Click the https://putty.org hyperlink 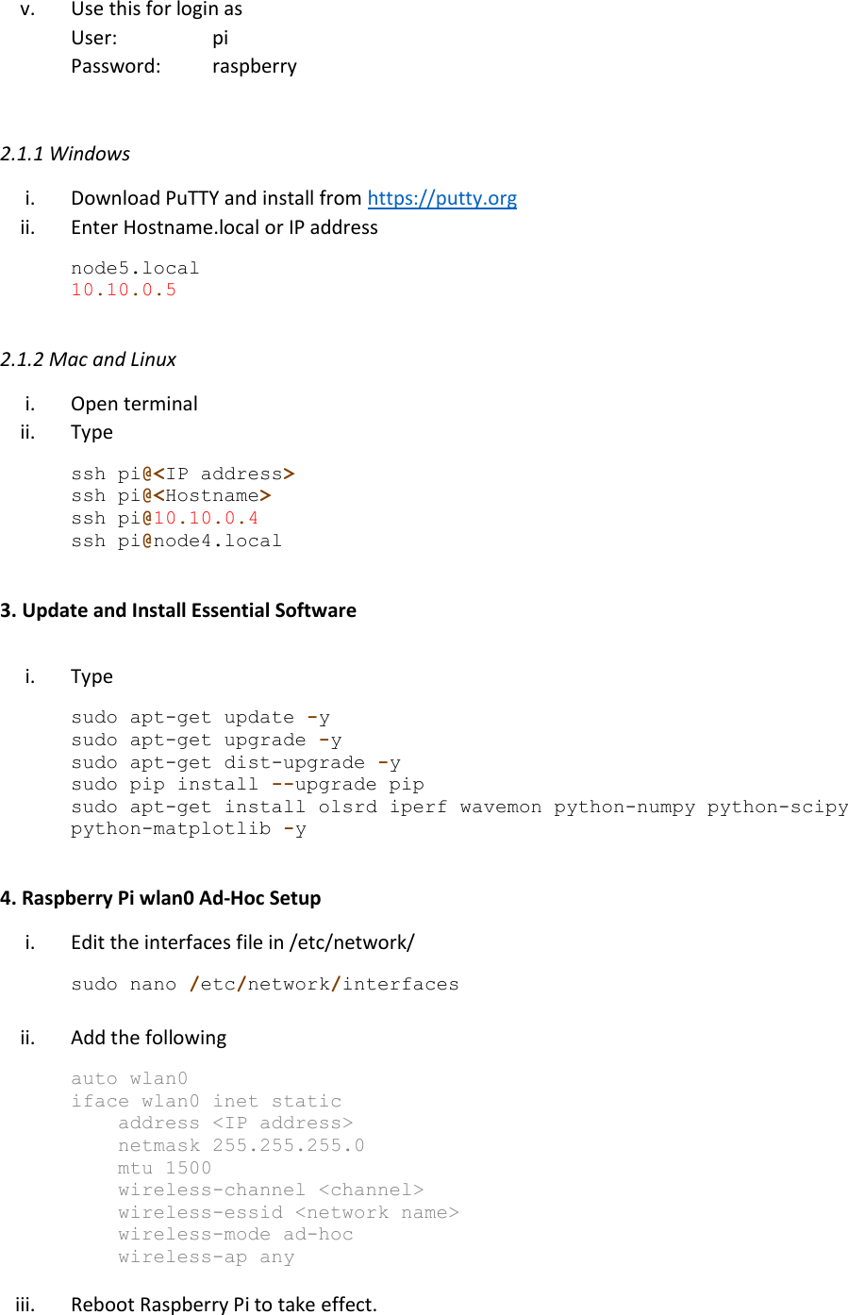click(441, 198)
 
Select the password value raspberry click(254, 66)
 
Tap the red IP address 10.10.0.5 click(124, 290)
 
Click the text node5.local click(135, 268)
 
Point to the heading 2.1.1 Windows click(65, 154)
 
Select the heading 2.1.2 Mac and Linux click(88, 359)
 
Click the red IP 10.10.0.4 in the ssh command click(206, 518)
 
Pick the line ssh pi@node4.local click(176, 541)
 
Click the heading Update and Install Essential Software click(178, 610)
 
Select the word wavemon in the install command click(500, 807)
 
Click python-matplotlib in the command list click(170, 829)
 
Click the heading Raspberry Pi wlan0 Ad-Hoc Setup click(160, 898)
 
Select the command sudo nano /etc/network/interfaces click(265, 984)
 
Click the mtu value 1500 click(188, 1168)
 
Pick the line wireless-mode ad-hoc click(235, 1234)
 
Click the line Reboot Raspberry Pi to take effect click(224, 1304)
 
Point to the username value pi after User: click(220, 39)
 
